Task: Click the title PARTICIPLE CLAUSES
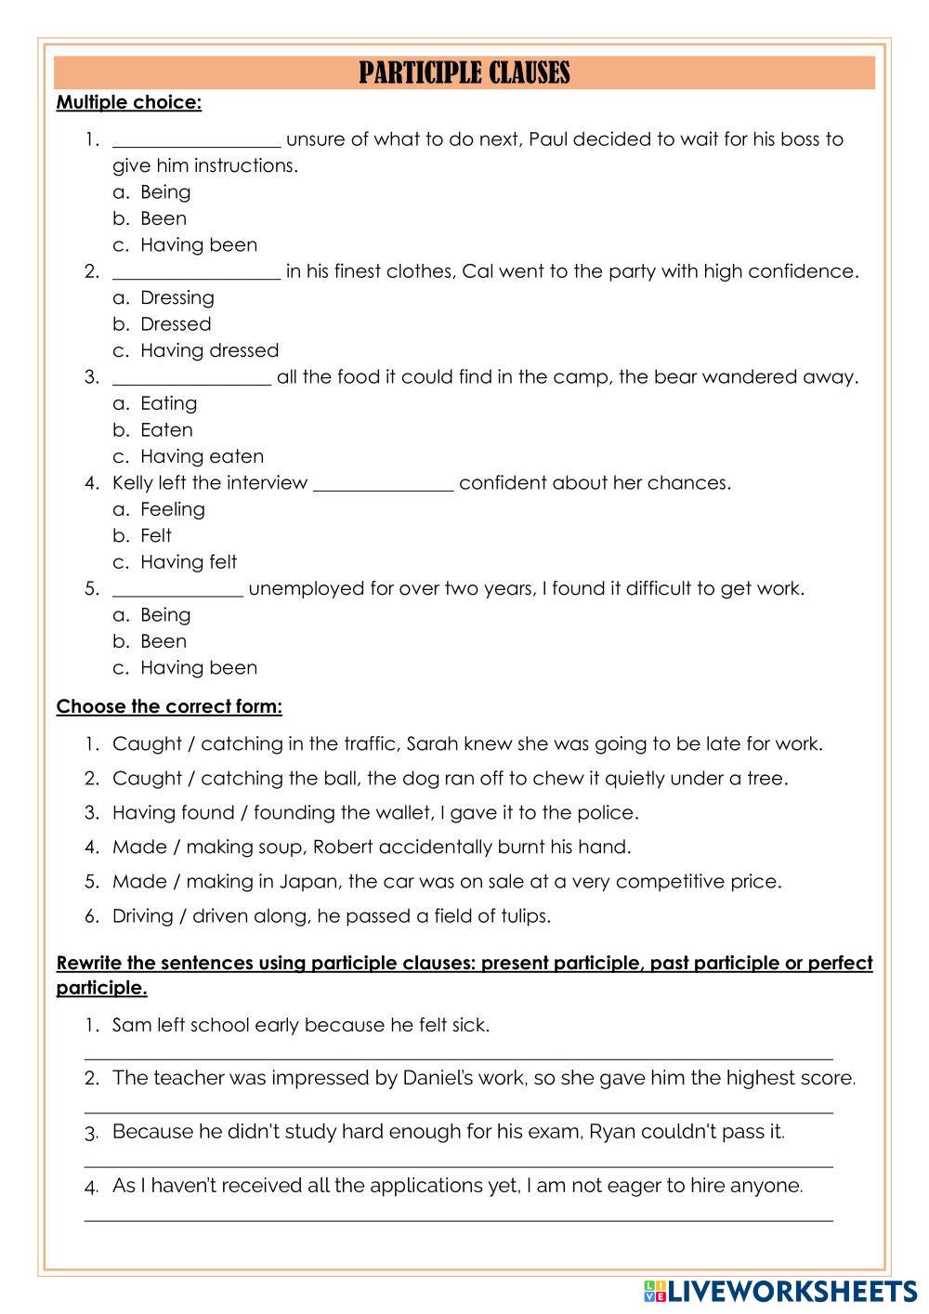[x=464, y=72]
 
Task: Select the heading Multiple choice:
[x=128, y=102]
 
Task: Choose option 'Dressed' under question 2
[x=176, y=324]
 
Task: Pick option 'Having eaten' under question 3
[x=202, y=456]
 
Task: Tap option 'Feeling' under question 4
[x=172, y=509]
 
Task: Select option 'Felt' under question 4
[x=155, y=535]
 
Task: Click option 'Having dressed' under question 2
[x=209, y=350]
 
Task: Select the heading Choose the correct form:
[x=169, y=706]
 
